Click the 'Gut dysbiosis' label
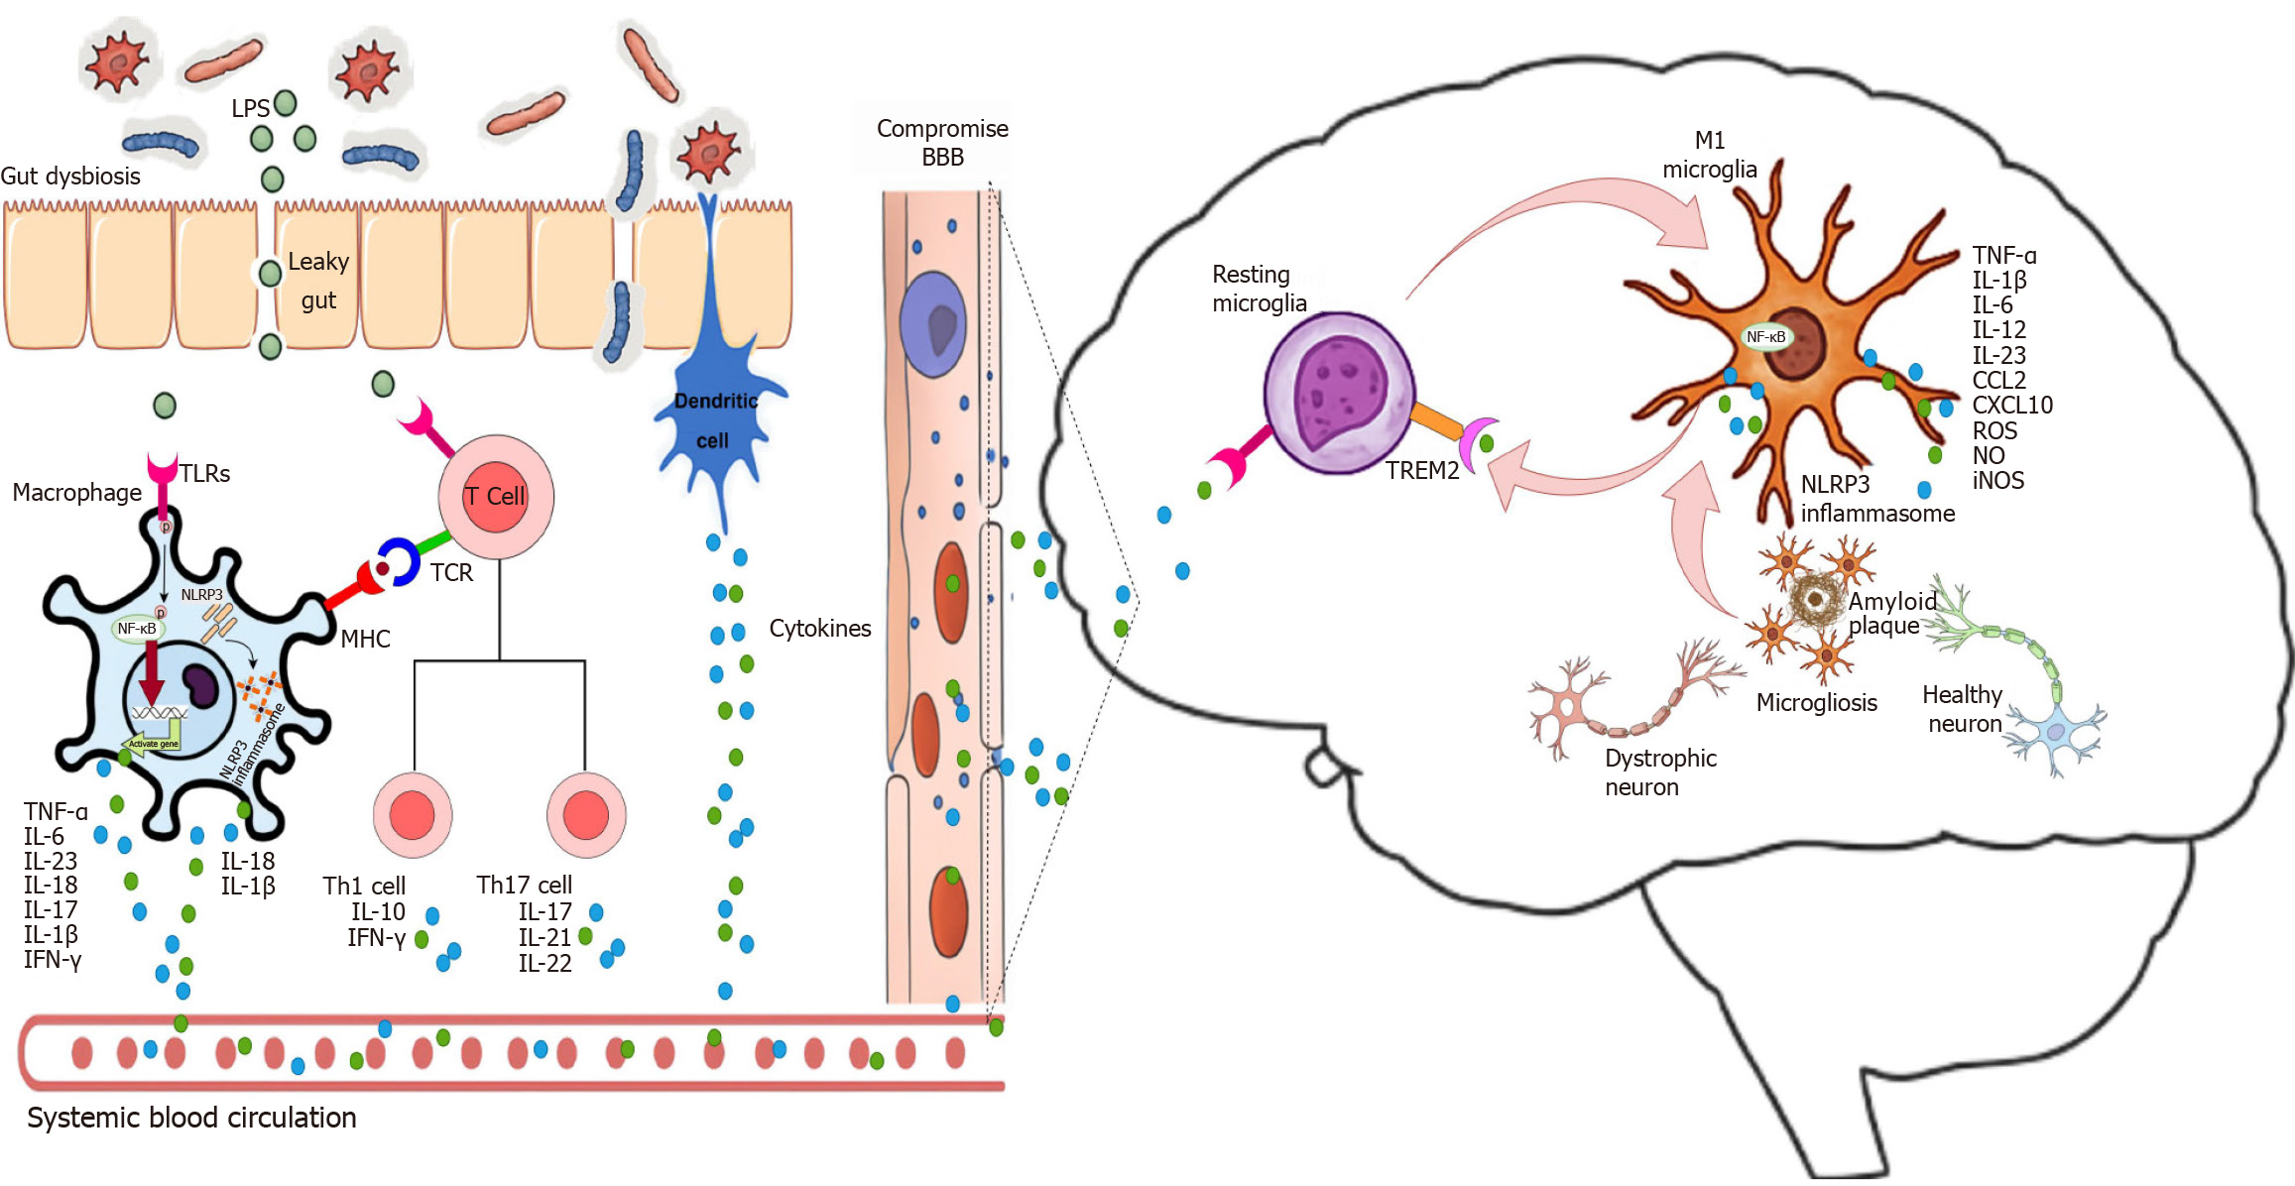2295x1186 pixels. point(70,177)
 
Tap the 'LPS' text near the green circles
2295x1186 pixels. point(250,108)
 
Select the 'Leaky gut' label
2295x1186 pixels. point(318,281)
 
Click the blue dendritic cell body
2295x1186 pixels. point(713,416)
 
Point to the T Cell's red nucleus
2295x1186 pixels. point(495,496)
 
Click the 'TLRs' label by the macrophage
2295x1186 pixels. point(205,474)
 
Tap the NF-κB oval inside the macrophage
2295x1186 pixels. point(137,629)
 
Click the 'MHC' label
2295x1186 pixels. point(365,640)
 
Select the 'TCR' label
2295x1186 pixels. point(451,573)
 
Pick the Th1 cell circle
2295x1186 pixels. point(413,815)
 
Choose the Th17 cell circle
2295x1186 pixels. point(586,815)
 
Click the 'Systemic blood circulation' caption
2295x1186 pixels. point(191,1118)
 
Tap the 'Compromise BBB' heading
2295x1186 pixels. point(942,143)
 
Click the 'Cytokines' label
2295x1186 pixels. point(820,629)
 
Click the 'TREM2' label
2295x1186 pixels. point(1422,471)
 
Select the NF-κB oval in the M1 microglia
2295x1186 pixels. point(1766,337)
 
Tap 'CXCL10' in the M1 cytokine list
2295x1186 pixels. point(2012,406)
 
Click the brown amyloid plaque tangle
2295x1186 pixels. point(1816,598)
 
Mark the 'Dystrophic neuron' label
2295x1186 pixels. point(1660,772)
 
